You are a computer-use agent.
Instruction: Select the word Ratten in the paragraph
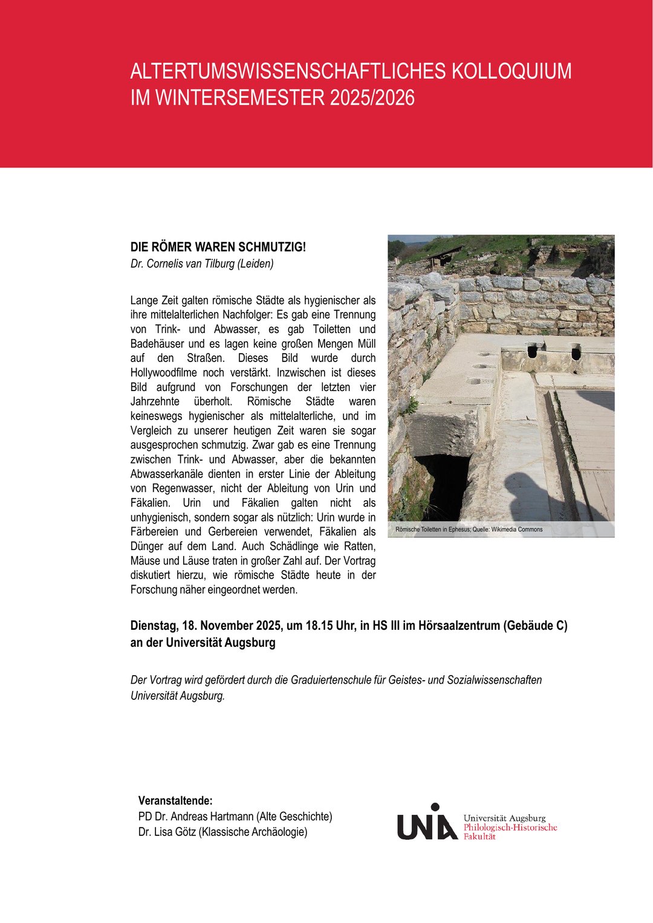pos(359,546)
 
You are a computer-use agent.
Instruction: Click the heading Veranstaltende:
pos(175,801)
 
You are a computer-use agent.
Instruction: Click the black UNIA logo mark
pos(426,823)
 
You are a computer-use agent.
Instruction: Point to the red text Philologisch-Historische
pos(510,827)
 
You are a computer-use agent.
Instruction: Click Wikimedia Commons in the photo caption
pos(517,530)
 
